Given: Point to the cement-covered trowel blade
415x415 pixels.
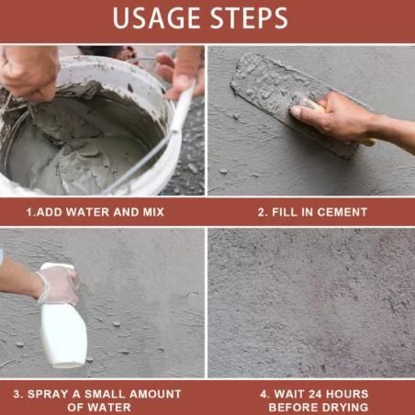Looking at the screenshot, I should pos(275,92).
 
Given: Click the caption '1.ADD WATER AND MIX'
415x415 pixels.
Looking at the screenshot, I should pos(102,212).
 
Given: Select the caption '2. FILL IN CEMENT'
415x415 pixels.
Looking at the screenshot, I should pos(311,212).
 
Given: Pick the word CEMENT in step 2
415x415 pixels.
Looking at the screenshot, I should pos(342,212).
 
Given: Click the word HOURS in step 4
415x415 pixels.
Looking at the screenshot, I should pos(347,394).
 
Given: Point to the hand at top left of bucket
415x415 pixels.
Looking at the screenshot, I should pos(28,69).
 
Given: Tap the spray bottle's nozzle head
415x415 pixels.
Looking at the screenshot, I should pos(53,273).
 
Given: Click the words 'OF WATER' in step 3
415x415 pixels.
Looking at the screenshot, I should pos(102,407).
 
